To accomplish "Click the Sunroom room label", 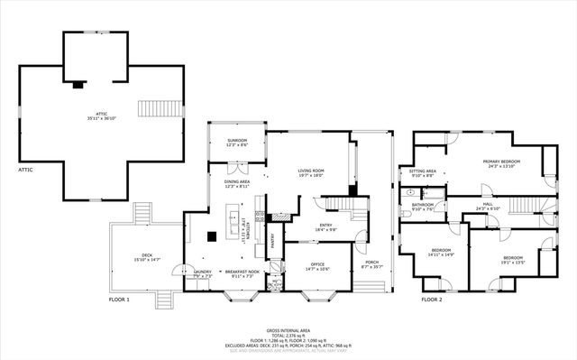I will point(235,142).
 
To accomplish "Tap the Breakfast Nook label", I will point(243,272).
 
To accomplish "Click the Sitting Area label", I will point(423,171).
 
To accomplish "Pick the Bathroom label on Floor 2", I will point(423,205).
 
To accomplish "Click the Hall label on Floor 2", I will point(487,205).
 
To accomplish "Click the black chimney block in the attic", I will point(78,86).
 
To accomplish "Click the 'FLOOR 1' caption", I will point(119,299).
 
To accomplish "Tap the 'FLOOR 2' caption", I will point(428,299).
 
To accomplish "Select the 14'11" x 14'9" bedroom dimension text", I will point(441,255).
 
